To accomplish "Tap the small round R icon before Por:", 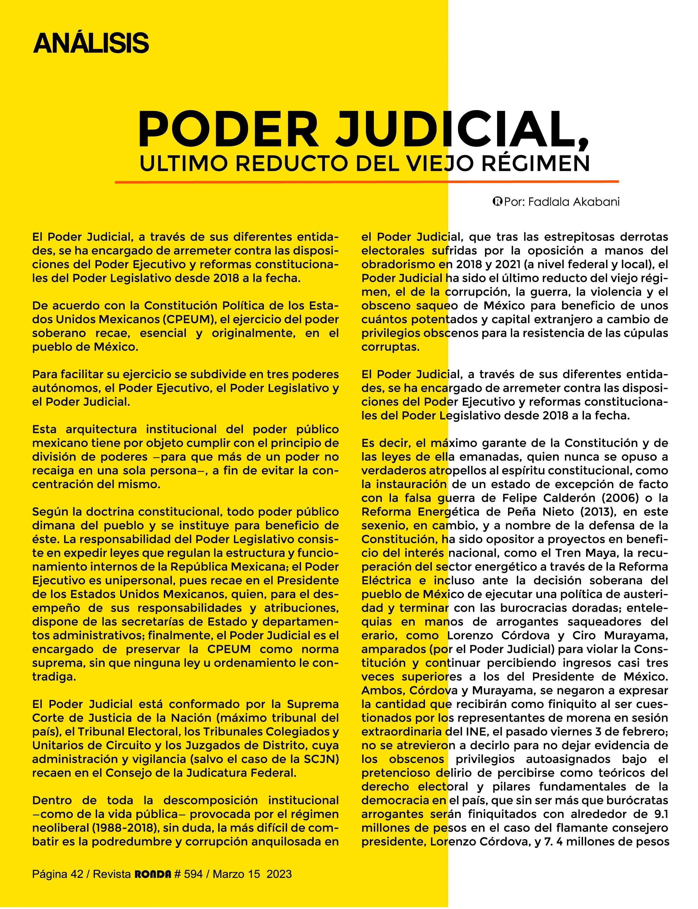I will pos(497,202).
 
